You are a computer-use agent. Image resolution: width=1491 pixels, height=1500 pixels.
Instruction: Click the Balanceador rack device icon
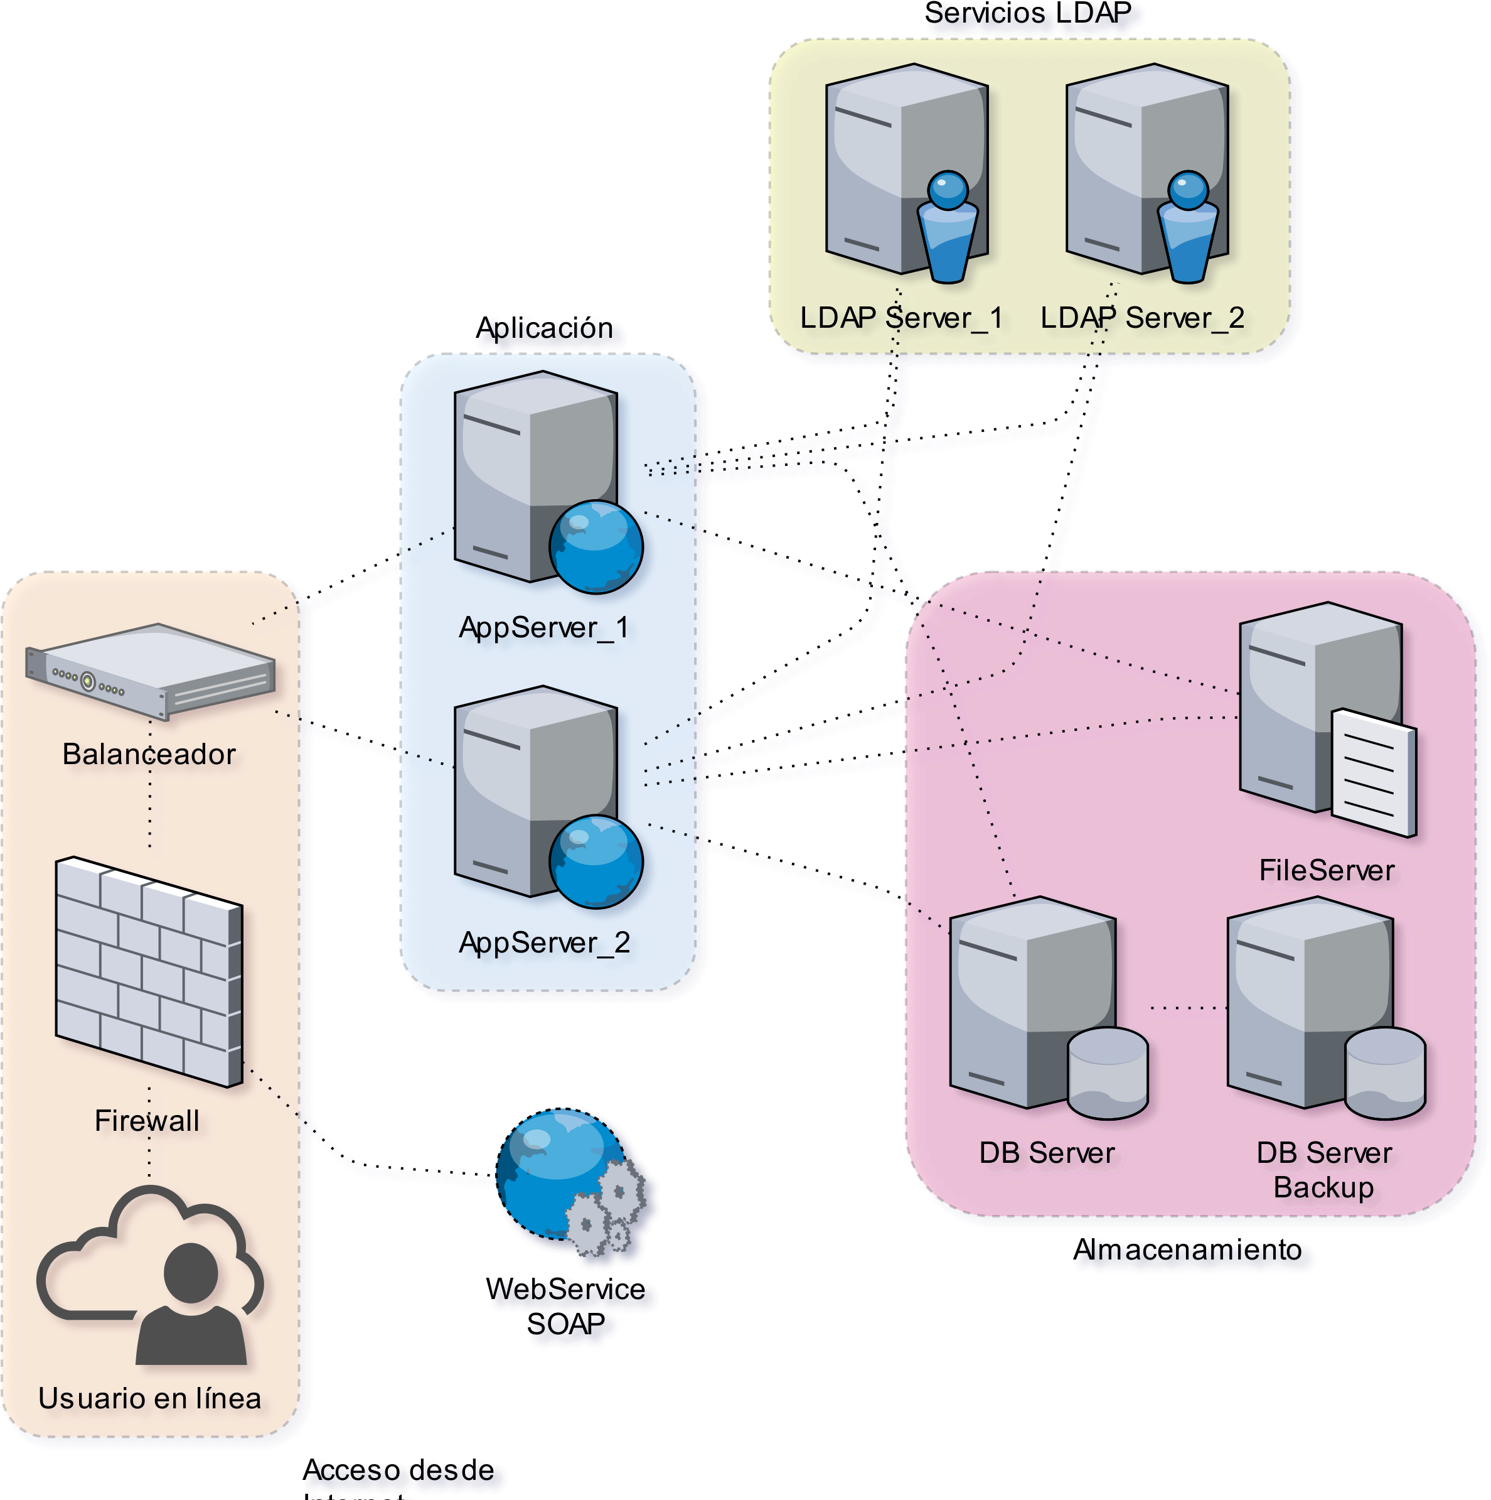point(150,669)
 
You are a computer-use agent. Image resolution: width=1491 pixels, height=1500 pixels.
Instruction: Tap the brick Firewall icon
point(149,971)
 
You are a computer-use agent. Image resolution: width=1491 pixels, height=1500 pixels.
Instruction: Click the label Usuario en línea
point(150,1398)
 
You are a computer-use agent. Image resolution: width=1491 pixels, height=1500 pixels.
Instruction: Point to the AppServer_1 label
point(543,627)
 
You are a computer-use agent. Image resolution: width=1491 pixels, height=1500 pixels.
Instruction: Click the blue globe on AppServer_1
point(596,547)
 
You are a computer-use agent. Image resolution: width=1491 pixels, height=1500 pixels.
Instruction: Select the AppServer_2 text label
point(543,942)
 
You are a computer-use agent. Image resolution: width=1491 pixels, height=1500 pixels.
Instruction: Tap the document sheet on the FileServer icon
point(1373,772)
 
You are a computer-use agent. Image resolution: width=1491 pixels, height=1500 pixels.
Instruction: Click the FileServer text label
point(1327,870)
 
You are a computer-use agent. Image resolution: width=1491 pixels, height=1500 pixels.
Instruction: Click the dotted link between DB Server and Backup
point(1187,1008)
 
